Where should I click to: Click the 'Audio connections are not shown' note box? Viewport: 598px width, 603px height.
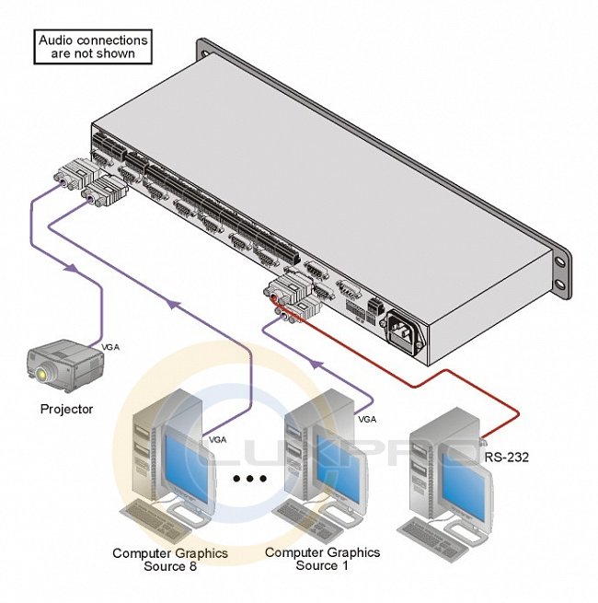point(92,47)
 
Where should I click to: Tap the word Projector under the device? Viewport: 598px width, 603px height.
point(66,409)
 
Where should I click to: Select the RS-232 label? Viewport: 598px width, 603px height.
point(507,455)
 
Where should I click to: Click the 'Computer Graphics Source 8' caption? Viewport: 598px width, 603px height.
point(170,559)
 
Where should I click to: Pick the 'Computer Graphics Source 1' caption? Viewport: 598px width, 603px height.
point(322,559)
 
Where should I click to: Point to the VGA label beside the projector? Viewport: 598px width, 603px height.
point(112,346)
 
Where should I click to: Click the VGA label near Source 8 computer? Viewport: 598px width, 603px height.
point(218,439)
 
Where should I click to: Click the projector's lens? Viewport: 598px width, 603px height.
point(42,374)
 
